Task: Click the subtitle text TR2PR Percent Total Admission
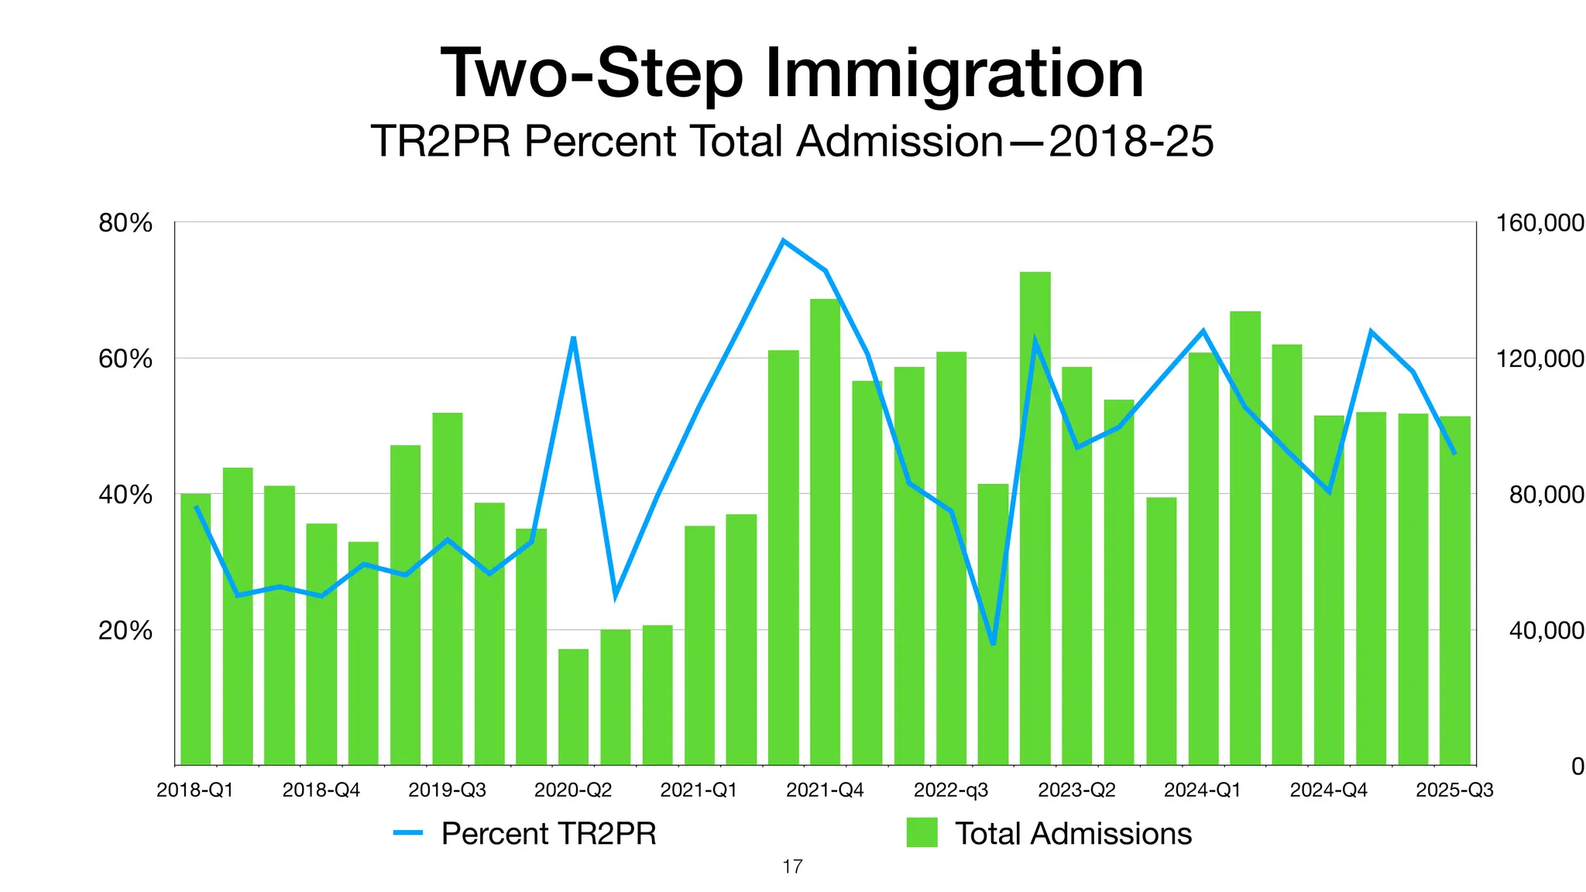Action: (686, 142)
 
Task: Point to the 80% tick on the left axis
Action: (125, 224)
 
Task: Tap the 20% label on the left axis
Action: (125, 630)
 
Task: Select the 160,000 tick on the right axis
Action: (1540, 224)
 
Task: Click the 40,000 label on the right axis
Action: (1546, 630)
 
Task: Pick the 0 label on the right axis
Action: (1577, 767)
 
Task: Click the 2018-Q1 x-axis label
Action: (194, 791)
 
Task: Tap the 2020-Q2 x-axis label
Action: (573, 791)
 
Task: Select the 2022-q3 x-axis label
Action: (951, 791)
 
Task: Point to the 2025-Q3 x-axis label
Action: (1454, 791)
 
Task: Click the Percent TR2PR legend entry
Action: (548, 834)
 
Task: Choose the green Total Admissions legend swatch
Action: (922, 833)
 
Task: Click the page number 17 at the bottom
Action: (792, 866)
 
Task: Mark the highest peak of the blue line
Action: (783, 241)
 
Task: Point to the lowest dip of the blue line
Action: (993, 643)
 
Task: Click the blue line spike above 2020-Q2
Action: (573, 338)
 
